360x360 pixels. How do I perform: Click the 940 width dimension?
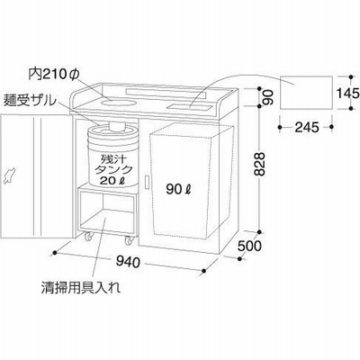(128, 263)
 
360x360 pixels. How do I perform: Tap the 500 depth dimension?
(249, 246)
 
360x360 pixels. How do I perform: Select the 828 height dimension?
(258, 164)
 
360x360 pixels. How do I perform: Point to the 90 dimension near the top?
(268, 97)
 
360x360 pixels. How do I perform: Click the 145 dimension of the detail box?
(347, 94)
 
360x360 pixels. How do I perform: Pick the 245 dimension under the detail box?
(307, 128)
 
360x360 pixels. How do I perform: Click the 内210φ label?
(53, 75)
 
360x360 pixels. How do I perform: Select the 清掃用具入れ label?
(81, 288)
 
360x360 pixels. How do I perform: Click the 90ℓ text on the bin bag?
(179, 189)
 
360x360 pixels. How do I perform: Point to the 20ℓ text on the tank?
(112, 181)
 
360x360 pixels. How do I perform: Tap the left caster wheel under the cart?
(88, 237)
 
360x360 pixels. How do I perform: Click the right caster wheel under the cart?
(129, 240)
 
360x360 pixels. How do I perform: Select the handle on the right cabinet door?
(147, 183)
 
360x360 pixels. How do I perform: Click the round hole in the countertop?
(117, 103)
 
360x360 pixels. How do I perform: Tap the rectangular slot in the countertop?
(190, 105)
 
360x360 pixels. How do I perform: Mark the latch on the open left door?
(10, 176)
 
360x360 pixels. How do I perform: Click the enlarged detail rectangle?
(306, 93)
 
